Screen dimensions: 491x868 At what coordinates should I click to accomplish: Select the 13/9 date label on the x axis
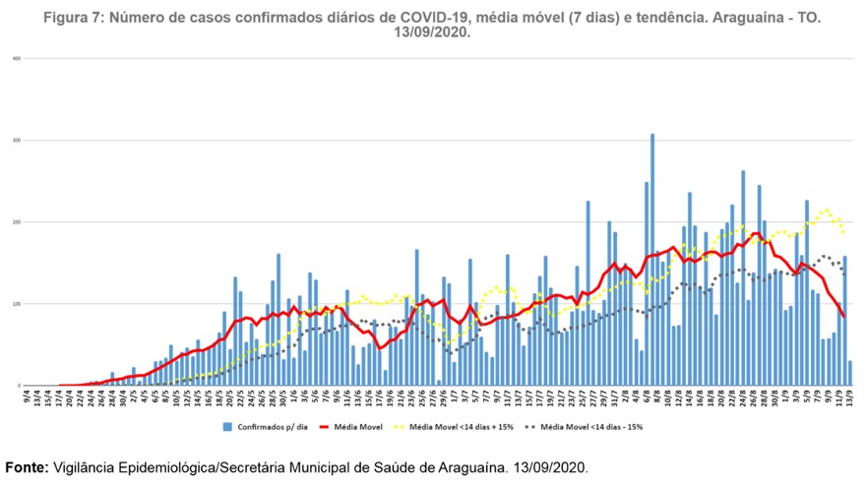point(850,397)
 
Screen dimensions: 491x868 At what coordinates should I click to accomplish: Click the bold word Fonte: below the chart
point(26,467)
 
